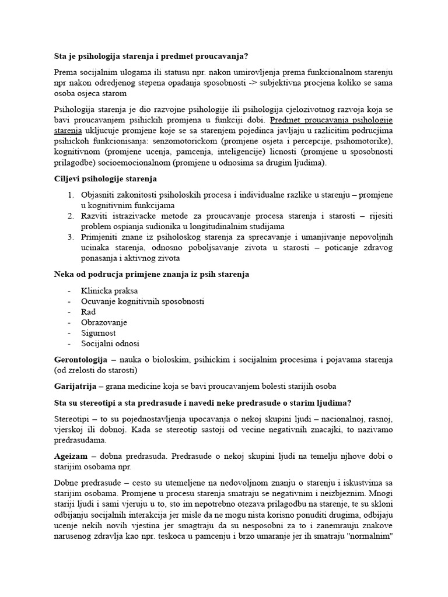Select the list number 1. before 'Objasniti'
pyautogui.click(x=70, y=195)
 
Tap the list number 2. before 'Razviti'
pyautogui.click(x=70, y=216)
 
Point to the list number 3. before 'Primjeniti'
pyautogui.click(x=70, y=237)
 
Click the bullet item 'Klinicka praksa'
pyautogui.click(x=110, y=291)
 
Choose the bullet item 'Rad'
pyautogui.click(x=89, y=312)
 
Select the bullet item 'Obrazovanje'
pyautogui.click(x=104, y=322)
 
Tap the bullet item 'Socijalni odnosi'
pyautogui.click(x=111, y=343)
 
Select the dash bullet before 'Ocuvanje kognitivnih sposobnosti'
pyautogui.click(x=70, y=301)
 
